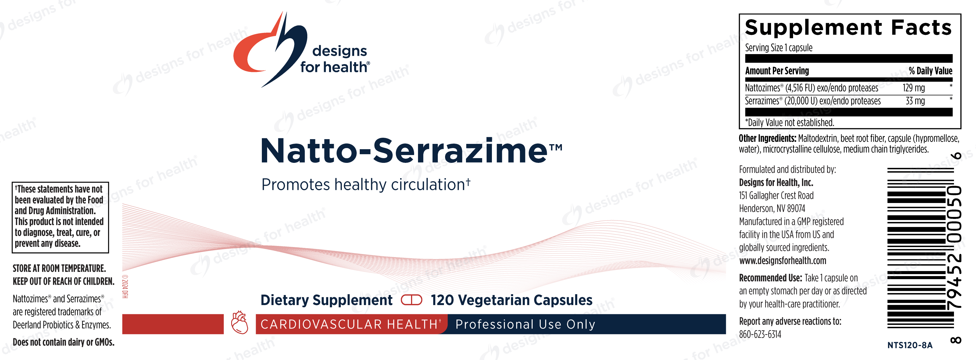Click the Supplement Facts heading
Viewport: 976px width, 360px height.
coord(848,27)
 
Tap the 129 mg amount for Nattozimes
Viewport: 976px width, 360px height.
coord(914,88)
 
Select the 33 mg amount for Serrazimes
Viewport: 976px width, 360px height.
coord(915,101)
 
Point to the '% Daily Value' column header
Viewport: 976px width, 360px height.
coord(930,71)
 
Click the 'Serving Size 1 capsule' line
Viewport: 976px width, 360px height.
coord(779,48)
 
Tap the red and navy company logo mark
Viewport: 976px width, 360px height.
coord(270,49)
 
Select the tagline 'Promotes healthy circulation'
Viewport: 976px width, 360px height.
coord(366,185)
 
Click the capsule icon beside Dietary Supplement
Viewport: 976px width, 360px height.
coord(412,300)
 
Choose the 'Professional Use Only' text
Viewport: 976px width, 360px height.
coord(525,324)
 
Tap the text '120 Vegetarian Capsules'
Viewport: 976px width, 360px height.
coord(511,300)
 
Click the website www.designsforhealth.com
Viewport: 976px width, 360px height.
coord(782,261)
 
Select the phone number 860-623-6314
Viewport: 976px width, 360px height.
coord(760,334)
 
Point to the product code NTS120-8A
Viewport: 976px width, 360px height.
coord(910,345)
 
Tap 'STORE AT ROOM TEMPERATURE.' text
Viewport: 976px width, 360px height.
coord(59,268)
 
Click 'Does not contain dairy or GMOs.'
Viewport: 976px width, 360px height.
coord(63,342)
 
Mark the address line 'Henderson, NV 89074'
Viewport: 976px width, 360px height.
coord(772,208)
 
